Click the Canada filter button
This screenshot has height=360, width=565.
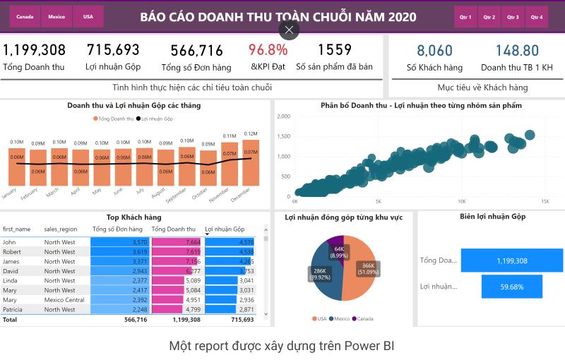point(25,16)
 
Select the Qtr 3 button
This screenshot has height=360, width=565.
point(513,16)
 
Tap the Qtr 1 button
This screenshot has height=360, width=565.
point(465,16)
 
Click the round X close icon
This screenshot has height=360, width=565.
point(289,30)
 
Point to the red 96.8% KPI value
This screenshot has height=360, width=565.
point(268,50)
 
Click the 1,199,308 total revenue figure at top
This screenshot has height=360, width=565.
point(34,50)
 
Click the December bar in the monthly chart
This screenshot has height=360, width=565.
point(250,162)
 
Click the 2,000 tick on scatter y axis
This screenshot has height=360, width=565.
point(284,116)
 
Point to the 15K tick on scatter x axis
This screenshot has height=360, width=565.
point(545,201)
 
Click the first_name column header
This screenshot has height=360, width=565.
point(17,229)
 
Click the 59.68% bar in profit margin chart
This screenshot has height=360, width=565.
point(511,287)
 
